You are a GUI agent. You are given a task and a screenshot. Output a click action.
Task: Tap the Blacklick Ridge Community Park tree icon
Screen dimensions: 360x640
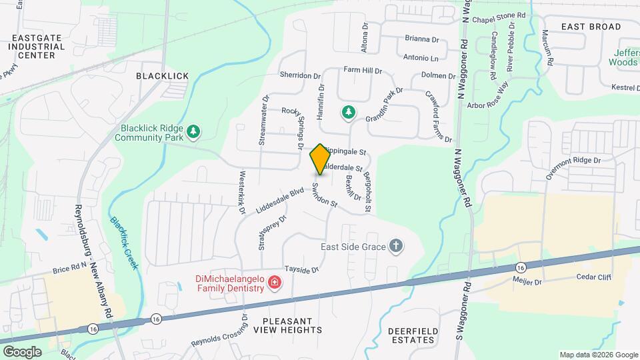[193, 131]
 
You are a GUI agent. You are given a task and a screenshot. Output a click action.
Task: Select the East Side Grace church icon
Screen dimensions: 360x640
[396, 247]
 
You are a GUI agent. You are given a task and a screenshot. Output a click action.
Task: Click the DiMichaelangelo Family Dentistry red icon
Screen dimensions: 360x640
[273, 284]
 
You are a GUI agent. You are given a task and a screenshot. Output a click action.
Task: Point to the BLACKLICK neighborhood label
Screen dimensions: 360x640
[163, 76]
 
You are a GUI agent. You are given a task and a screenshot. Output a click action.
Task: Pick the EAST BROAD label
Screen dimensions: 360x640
[591, 27]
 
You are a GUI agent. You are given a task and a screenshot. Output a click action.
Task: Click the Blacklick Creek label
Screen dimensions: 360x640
[125, 243]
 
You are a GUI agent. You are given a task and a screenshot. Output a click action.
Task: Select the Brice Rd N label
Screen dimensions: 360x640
[70, 269]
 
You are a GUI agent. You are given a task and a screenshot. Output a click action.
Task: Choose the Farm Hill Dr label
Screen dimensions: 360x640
[362, 70]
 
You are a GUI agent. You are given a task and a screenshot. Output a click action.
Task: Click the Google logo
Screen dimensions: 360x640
[22, 351]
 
